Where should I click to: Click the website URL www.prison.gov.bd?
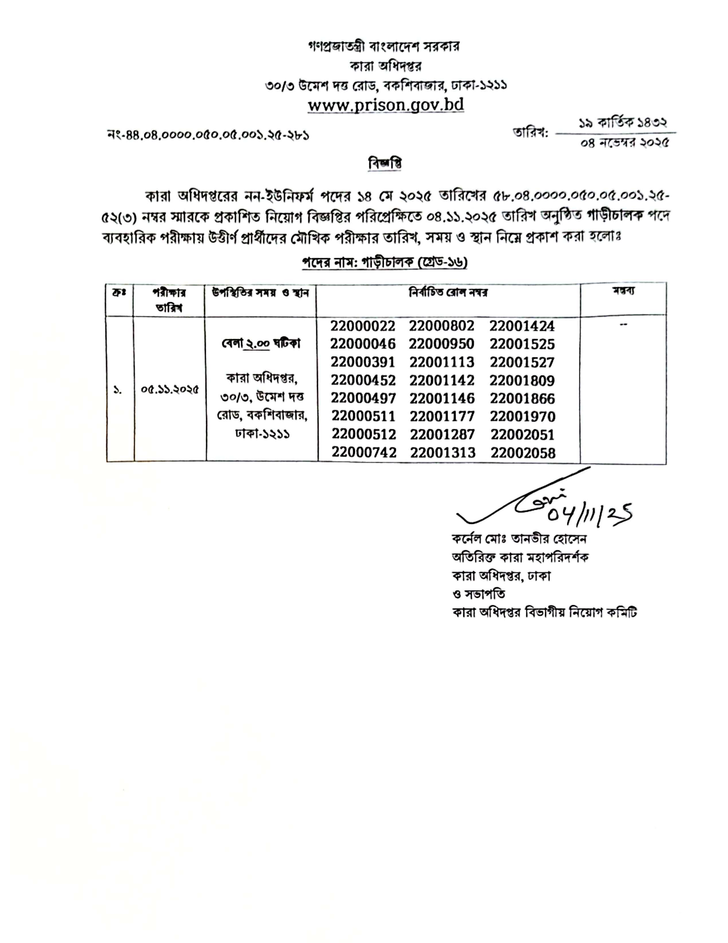(385, 105)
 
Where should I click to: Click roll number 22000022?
(363, 326)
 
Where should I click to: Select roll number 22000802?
(441, 326)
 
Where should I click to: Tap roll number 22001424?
(521, 326)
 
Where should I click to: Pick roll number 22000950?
(441, 344)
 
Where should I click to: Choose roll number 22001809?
(521, 381)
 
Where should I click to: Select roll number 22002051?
(522, 435)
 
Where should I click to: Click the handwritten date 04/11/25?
(590, 514)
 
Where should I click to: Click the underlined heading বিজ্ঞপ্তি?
(385, 164)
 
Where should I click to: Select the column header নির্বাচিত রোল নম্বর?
(448, 293)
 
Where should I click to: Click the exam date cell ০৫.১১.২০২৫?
(170, 389)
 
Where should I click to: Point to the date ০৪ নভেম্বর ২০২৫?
(624, 143)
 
